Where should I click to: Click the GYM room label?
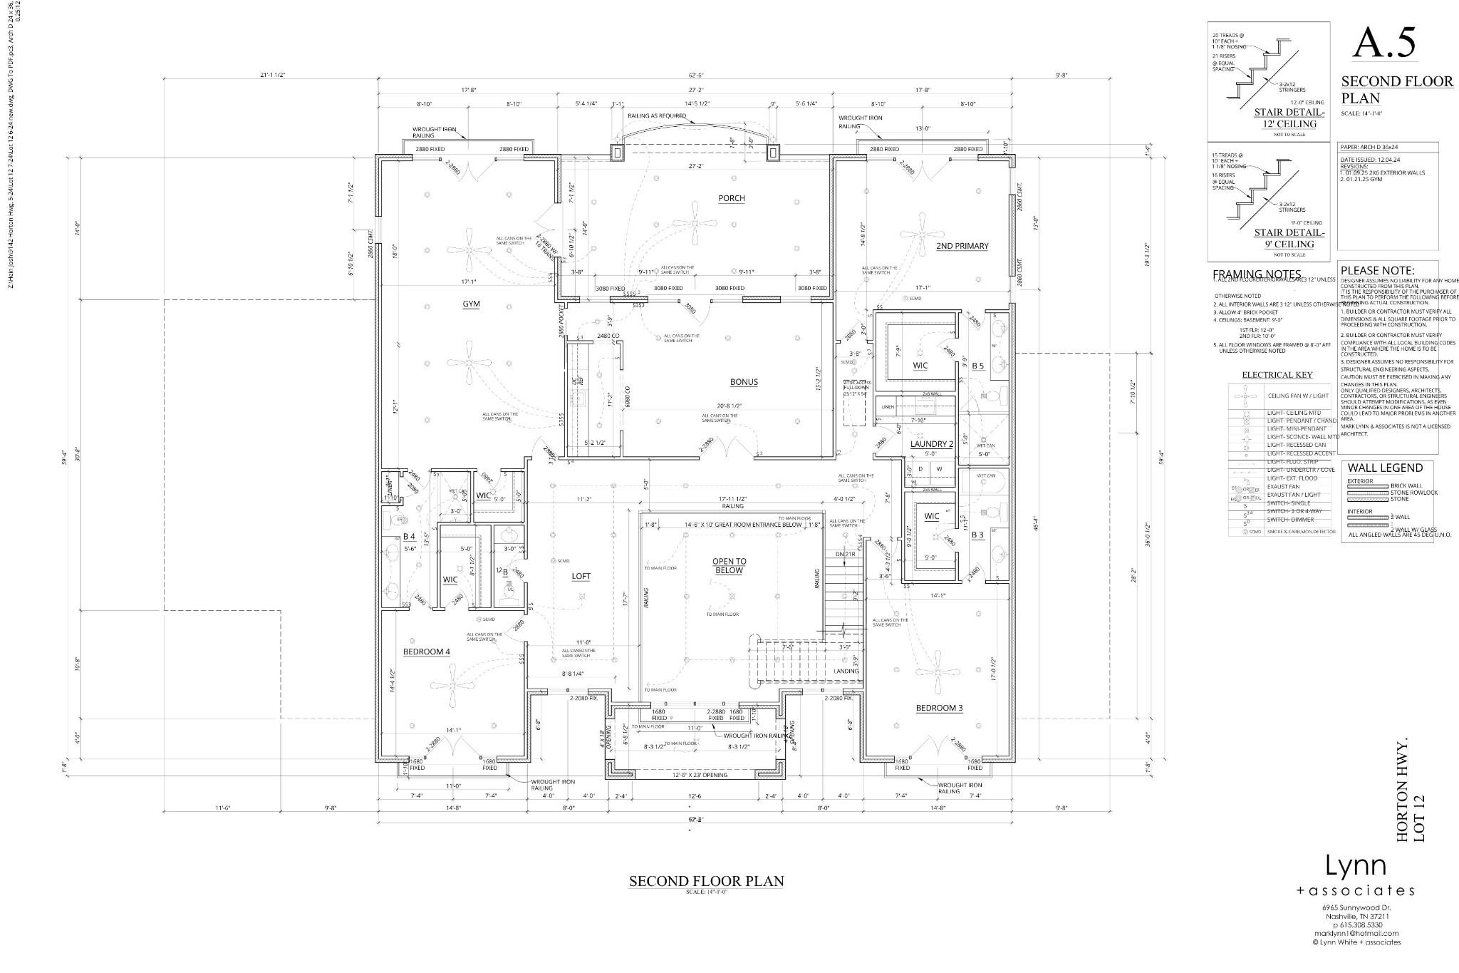pos(471,304)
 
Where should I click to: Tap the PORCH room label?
pos(732,198)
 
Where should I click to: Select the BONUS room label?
pos(744,382)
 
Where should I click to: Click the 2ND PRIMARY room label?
pos(962,246)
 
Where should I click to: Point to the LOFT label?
pos(581,576)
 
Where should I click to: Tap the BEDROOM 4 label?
pos(427,651)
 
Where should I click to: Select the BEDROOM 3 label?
pos(939,708)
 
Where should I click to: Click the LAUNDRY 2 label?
pos(931,444)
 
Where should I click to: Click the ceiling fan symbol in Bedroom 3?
pos(939,672)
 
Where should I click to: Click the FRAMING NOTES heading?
pos(1257,274)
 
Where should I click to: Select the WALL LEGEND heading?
pos(1385,468)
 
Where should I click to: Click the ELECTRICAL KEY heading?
pos(1277,375)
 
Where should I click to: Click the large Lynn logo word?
pos(1355,866)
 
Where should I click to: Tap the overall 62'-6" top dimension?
pos(696,76)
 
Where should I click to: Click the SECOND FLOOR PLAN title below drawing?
pos(706,881)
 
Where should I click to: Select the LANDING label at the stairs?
pos(847,671)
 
